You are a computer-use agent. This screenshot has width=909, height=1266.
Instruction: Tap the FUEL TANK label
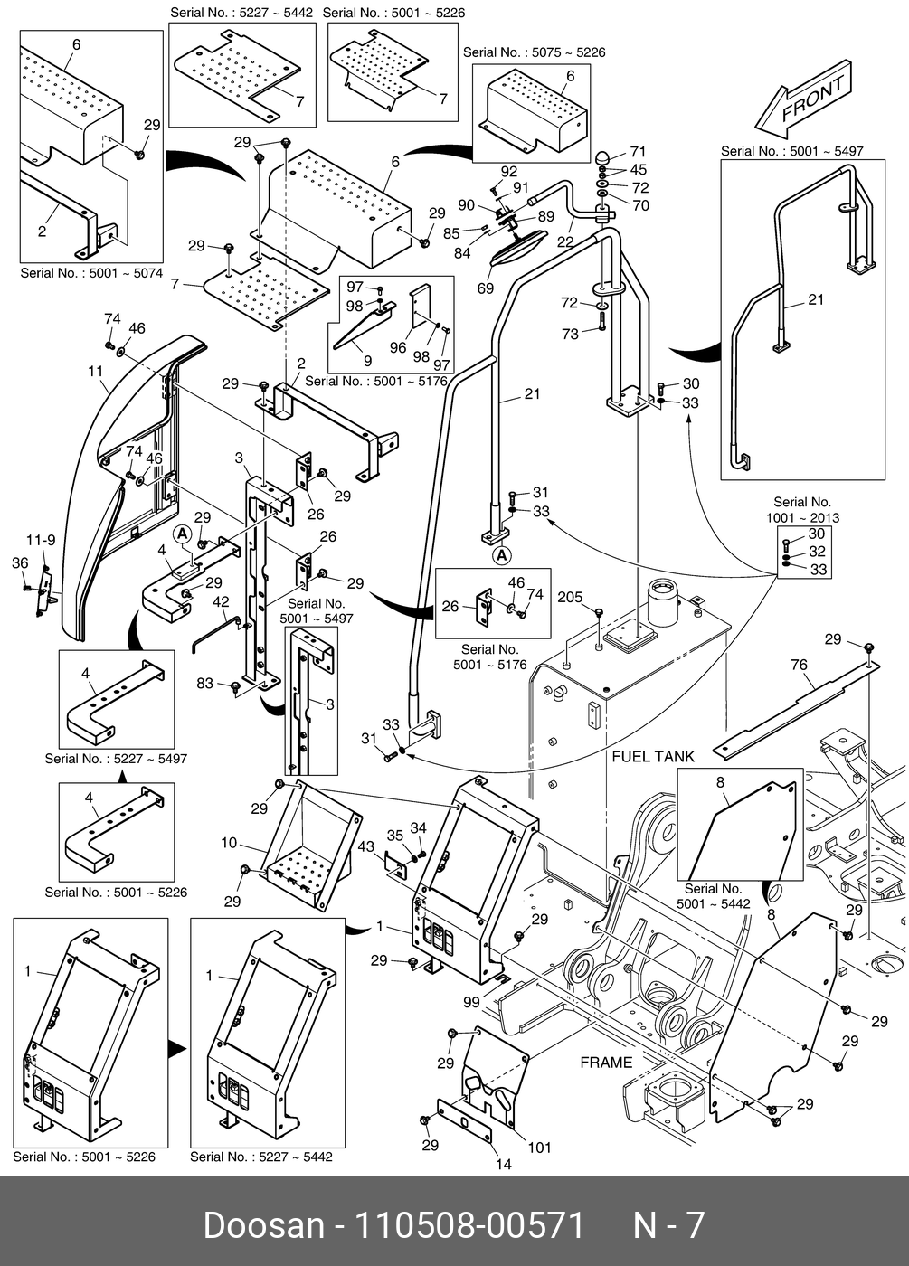point(653,756)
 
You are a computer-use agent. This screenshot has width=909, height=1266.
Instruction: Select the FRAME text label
point(606,1062)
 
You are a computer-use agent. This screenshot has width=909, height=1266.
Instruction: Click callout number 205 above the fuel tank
point(570,597)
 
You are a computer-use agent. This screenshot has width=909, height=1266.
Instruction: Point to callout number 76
point(799,666)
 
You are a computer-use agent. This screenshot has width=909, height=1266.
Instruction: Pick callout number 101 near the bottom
point(539,1148)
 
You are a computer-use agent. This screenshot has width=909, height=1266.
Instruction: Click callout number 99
point(471,1002)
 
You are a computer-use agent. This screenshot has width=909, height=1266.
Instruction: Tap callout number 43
point(365,846)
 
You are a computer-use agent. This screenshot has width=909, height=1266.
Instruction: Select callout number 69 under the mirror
point(486,288)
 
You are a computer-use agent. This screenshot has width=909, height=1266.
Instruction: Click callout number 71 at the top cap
point(639,152)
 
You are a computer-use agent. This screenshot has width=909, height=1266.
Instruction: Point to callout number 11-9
point(40,540)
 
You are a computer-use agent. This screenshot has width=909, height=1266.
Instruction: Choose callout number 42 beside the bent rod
point(221,601)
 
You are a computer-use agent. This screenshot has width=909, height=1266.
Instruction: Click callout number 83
point(205,683)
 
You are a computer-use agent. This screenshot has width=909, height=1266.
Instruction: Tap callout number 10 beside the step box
point(229,843)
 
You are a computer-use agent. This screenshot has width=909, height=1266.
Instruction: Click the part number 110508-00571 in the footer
point(469,1225)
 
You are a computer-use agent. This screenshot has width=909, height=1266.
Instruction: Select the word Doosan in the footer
point(263,1225)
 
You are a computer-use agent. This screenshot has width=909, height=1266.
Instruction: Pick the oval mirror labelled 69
point(518,245)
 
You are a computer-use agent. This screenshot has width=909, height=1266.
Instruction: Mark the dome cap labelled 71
point(602,156)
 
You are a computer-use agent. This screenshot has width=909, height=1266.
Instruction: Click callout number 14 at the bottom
point(504,1165)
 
